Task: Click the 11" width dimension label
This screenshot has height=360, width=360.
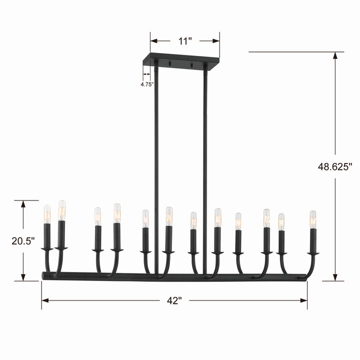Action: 185,41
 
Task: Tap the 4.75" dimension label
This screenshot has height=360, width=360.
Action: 146,84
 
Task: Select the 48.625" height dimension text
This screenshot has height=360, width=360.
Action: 335,167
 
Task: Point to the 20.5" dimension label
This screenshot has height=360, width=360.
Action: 22,240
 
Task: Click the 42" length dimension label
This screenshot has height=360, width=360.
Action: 174,300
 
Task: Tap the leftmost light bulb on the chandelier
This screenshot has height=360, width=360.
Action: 47,213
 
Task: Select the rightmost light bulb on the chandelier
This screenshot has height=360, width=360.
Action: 313,219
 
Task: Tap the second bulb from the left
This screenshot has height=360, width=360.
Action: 61,210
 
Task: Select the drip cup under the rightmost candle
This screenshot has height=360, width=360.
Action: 313,253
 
